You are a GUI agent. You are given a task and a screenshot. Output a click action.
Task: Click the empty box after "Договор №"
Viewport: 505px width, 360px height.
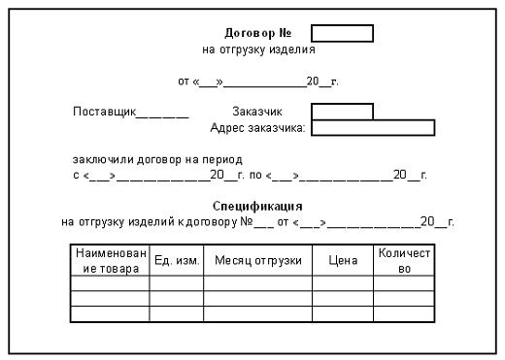[x=342, y=33]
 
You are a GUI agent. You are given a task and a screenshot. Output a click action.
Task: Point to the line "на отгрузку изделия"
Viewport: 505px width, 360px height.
[x=258, y=48]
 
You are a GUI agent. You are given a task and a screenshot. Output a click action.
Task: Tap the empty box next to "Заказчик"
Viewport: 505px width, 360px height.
[x=342, y=112]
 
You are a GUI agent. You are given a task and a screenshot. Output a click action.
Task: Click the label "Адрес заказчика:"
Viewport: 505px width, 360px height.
[x=258, y=127]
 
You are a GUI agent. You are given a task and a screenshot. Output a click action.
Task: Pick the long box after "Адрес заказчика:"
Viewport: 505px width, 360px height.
[x=374, y=127]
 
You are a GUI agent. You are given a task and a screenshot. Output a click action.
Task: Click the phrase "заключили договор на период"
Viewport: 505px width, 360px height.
[x=156, y=158]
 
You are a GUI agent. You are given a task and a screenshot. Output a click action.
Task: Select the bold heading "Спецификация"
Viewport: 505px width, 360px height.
[x=257, y=206]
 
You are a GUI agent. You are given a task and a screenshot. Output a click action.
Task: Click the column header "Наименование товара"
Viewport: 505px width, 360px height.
[x=110, y=260]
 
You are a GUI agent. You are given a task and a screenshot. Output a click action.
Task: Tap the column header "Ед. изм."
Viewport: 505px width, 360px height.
[x=176, y=260]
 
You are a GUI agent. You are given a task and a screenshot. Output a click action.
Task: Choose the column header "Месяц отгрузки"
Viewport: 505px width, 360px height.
[x=257, y=260]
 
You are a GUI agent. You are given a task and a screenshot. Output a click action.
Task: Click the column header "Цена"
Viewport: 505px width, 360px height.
[x=343, y=260]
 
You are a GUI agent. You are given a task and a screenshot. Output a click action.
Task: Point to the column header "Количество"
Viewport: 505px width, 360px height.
[x=404, y=260]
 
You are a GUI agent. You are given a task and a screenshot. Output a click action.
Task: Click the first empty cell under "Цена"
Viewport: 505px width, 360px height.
[x=343, y=283]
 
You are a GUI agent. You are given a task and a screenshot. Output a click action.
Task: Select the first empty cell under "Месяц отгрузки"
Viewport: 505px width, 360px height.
[x=257, y=283]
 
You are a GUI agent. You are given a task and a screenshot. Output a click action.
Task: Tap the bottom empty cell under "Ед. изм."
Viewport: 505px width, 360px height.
[x=176, y=314]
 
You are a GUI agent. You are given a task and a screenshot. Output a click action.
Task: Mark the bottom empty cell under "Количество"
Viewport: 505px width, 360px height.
[x=404, y=314]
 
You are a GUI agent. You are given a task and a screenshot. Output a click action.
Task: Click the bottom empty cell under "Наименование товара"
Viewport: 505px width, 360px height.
[x=110, y=314]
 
